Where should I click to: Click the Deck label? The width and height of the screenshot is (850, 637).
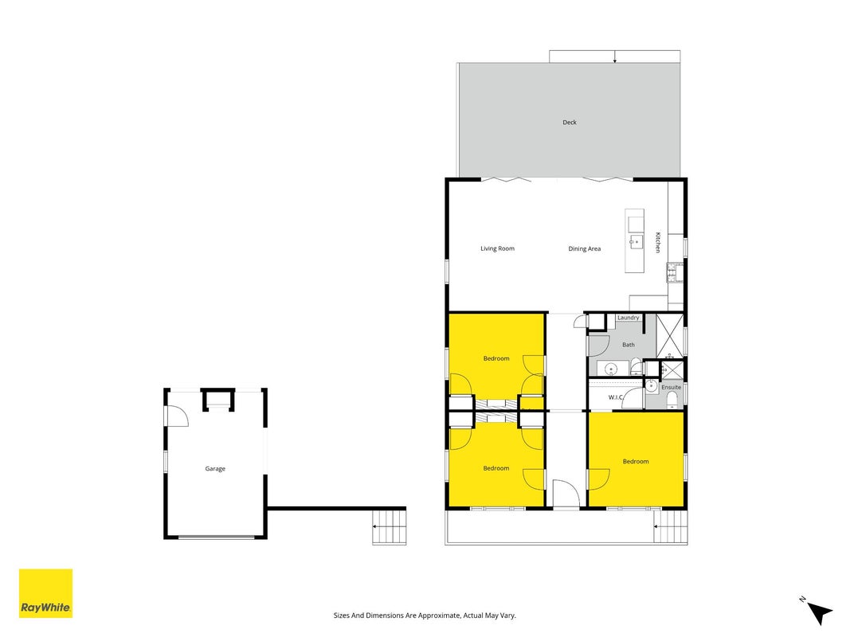coord(570,123)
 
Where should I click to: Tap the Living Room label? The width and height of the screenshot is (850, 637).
coord(497,248)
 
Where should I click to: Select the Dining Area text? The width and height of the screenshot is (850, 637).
coord(585,248)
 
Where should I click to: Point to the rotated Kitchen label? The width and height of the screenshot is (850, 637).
coord(658,242)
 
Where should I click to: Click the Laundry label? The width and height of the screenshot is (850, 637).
coord(629,318)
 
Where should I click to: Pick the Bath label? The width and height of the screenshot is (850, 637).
coord(629,345)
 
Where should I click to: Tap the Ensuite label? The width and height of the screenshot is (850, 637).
coord(671,387)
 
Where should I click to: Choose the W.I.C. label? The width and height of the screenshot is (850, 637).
coord(616,397)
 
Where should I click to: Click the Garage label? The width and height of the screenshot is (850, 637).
coord(215,468)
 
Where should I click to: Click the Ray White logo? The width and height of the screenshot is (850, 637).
coord(45,593)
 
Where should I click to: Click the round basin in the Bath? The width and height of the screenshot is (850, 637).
coord(611,370)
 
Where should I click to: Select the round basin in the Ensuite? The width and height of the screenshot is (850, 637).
coord(651,386)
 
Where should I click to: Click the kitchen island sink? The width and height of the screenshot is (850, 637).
coord(636,241)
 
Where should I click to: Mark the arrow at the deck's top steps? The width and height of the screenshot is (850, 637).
coord(615,57)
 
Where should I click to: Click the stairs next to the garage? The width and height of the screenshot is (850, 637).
coord(389,527)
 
